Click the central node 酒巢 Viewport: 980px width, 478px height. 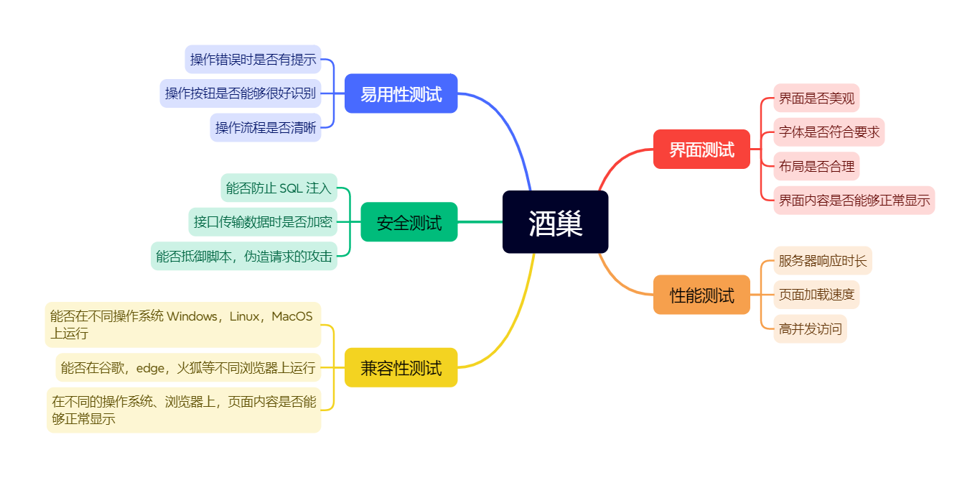tap(555, 222)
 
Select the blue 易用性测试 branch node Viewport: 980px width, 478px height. tap(401, 93)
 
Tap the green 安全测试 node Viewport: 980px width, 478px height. tap(409, 222)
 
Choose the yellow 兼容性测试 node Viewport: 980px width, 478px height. tap(401, 368)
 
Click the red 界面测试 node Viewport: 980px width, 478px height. tap(701, 150)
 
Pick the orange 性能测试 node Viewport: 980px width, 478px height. tap(701, 295)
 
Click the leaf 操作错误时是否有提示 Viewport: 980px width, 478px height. tap(253, 59)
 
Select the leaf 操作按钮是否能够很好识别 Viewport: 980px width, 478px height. tap(240, 93)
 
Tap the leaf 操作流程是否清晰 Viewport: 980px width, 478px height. tap(265, 128)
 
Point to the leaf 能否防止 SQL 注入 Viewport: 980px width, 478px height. tap(279, 188)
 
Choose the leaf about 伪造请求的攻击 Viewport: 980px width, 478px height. tap(243, 257)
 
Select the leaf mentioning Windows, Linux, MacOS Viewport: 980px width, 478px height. tap(182, 324)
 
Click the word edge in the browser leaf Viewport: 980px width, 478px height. tap(150, 368)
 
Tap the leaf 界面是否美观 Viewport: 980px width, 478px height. tap(816, 98)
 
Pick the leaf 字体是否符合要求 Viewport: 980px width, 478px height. tap(829, 132)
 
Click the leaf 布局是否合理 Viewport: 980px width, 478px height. tap(816, 167)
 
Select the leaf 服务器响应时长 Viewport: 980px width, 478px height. tap(823, 260)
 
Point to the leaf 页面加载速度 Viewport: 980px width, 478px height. tap(816, 295)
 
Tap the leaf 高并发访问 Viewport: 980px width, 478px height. tap(810, 329)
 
